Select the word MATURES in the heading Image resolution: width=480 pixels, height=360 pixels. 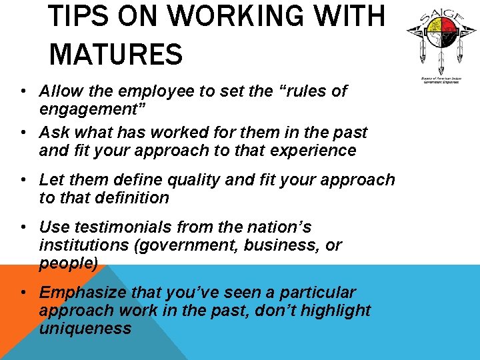[x=115, y=54]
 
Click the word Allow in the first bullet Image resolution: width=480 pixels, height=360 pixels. [x=59, y=91]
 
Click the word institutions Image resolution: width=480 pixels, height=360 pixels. [x=84, y=245]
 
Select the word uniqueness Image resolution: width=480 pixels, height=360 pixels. [x=85, y=328]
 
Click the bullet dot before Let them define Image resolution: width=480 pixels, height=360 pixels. [x=23, y=181]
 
